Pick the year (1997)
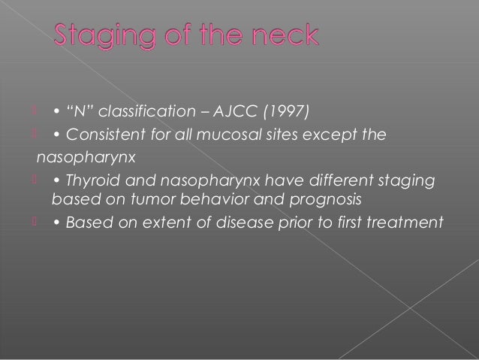[283, 113]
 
